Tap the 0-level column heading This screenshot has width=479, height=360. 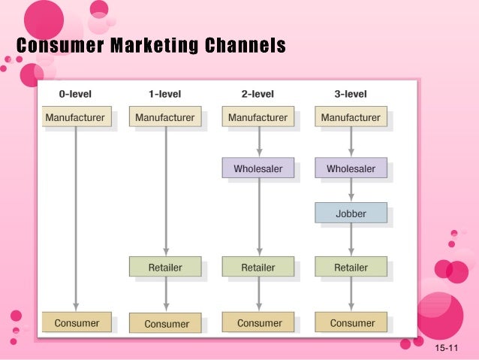click(74, 94)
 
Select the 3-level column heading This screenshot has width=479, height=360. click(351, 94)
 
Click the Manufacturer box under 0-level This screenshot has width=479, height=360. click(75, 117)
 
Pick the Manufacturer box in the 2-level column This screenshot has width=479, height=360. click(258, 117)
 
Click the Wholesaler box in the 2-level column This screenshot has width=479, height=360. click(258, 168)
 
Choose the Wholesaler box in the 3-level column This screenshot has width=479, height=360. click(351, 168)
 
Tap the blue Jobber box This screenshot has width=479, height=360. click(351, 213)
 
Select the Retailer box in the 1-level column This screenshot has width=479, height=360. click(166, 267)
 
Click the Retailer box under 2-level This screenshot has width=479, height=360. click(258, 267)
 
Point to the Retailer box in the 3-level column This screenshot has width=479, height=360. click(351, 267)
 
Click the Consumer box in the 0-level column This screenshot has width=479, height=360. click(75, 322)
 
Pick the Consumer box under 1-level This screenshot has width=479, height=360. click(166, 323)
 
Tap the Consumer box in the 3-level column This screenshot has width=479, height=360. click(351, 322)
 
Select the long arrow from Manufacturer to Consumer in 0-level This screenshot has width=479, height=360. click(76, 218)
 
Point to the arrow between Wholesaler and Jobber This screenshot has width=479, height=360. click(351, 190)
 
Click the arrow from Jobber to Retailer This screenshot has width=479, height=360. click(351, 240)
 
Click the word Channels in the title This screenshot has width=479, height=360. click(241, 46)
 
